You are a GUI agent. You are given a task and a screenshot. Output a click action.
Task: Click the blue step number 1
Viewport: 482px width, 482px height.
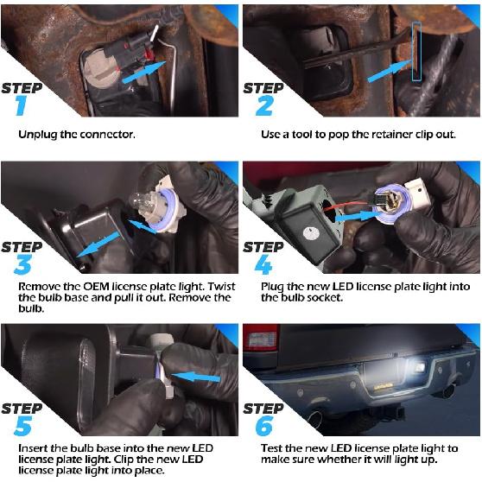coord(21,105)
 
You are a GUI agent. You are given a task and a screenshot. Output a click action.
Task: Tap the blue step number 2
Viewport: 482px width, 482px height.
coord(264,105)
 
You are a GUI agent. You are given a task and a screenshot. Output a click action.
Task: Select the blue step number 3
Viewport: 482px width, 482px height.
coord(22,264)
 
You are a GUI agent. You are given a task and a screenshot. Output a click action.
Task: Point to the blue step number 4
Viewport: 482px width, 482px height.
coord(264,264)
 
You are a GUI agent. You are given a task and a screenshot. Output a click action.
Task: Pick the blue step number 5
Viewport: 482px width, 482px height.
coord(22,426)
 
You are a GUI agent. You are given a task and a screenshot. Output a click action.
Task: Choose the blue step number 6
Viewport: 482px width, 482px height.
coord(264,426)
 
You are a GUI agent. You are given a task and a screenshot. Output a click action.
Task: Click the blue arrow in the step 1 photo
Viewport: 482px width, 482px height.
coord(144,73)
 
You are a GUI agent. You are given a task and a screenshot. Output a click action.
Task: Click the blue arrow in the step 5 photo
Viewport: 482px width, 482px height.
coord(196,377)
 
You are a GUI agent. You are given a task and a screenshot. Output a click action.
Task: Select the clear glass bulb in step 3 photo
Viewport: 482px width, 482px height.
coord(142,203)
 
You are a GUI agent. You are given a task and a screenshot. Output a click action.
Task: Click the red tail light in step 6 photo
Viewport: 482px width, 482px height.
coord(261,338)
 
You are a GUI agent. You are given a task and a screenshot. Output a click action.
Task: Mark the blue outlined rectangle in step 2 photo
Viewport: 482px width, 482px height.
coord(416,52)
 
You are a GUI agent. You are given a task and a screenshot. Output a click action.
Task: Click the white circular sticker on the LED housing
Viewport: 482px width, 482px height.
coord(310,233)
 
